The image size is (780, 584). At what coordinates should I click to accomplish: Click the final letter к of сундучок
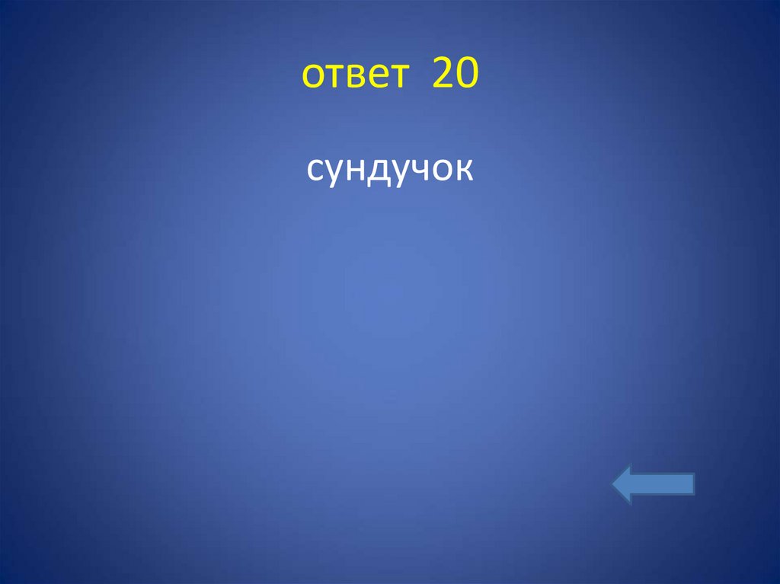click(466, 171)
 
